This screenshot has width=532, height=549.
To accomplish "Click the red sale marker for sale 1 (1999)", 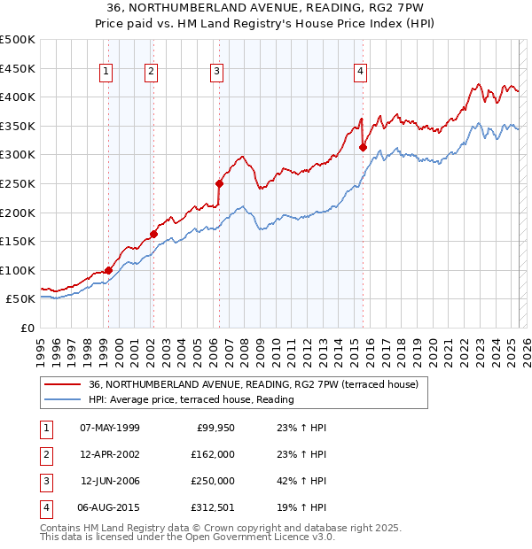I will coord(108,270).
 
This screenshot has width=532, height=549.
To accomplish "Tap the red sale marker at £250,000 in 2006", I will coord(219,184).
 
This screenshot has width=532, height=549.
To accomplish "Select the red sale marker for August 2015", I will coord(363,148).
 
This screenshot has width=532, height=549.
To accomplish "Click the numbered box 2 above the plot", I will coord(152,73).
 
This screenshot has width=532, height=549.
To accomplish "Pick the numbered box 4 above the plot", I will coord(361,73).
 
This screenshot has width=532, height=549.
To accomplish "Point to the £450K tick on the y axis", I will coord(18,68).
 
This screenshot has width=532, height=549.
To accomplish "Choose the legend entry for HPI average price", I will coord(191,399).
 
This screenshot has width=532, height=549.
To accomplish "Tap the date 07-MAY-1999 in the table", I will coord(110,429).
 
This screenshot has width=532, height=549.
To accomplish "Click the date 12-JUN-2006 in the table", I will coord(110,482).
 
